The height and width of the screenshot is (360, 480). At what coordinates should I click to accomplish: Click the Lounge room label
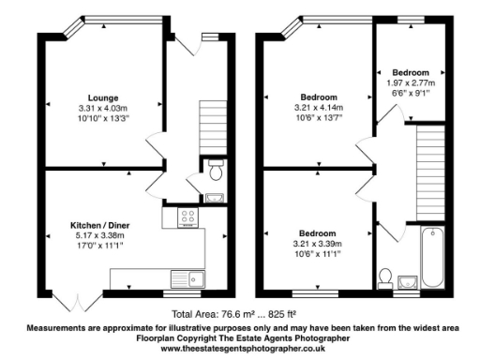pos(103,98)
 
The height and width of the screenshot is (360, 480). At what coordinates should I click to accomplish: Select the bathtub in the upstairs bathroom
pos(431,257)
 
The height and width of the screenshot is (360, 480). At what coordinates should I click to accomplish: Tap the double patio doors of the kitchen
pos(70,303)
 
